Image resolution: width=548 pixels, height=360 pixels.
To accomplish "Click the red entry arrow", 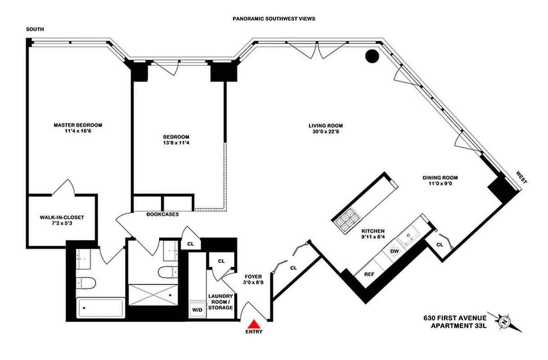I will coord(254,324).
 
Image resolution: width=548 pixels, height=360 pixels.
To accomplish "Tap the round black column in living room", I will coord(371,56).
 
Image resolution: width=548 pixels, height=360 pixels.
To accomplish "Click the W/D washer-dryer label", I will coord(197,310).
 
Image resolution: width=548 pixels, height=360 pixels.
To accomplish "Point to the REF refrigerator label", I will coord(369,274).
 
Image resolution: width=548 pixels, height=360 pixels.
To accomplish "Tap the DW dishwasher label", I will coord(394,251).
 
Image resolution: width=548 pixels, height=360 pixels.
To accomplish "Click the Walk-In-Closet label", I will coord(62,217).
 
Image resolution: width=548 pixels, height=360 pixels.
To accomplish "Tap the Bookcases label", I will coord(163,215).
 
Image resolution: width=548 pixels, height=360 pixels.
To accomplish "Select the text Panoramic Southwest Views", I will coord(273,19).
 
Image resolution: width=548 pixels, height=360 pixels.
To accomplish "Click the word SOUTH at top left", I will coord(35,30).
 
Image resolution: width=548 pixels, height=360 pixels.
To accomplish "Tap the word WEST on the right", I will coord(521,177).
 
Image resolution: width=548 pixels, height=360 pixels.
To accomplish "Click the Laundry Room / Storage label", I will coord(221,302).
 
